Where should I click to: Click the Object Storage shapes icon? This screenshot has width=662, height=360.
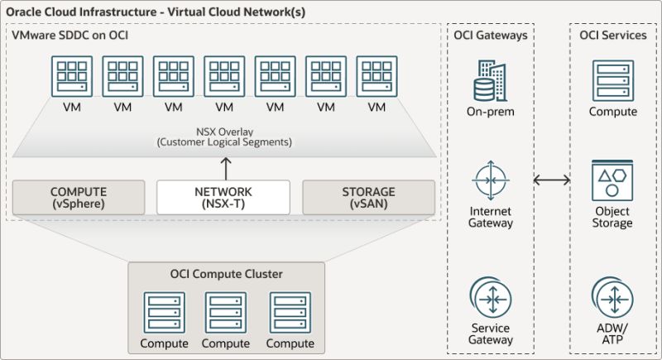(x=612, y=183)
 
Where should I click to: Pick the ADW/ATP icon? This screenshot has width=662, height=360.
(x=612, y=299)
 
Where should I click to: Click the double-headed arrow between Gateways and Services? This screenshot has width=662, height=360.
(x=553, y=180)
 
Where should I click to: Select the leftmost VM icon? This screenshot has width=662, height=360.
(x=72, y=77)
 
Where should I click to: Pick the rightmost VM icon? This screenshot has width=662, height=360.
(x=377, y=77)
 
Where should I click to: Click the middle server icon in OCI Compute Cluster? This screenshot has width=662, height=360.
(x=226, y=312)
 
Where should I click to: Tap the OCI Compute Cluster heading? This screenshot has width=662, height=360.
(x=226, y=274)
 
